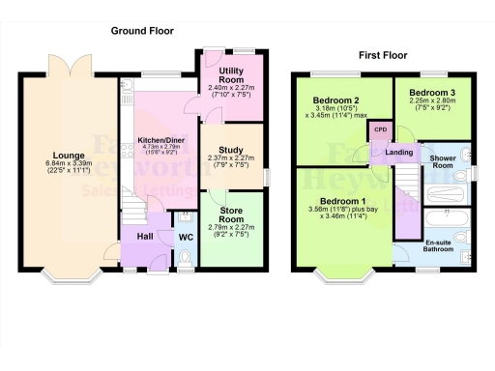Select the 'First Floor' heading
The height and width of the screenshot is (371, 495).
coord(381,56)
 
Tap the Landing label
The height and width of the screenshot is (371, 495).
coord(399,152)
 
